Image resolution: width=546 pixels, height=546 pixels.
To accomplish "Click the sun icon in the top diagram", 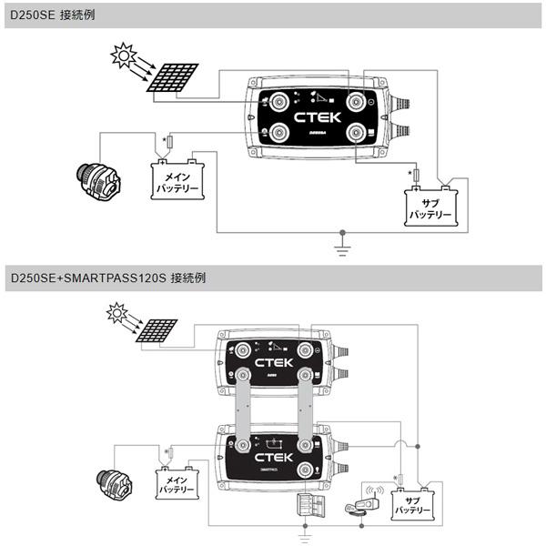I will [121, 55].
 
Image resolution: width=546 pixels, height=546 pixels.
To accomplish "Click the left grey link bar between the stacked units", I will [244, 410].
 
